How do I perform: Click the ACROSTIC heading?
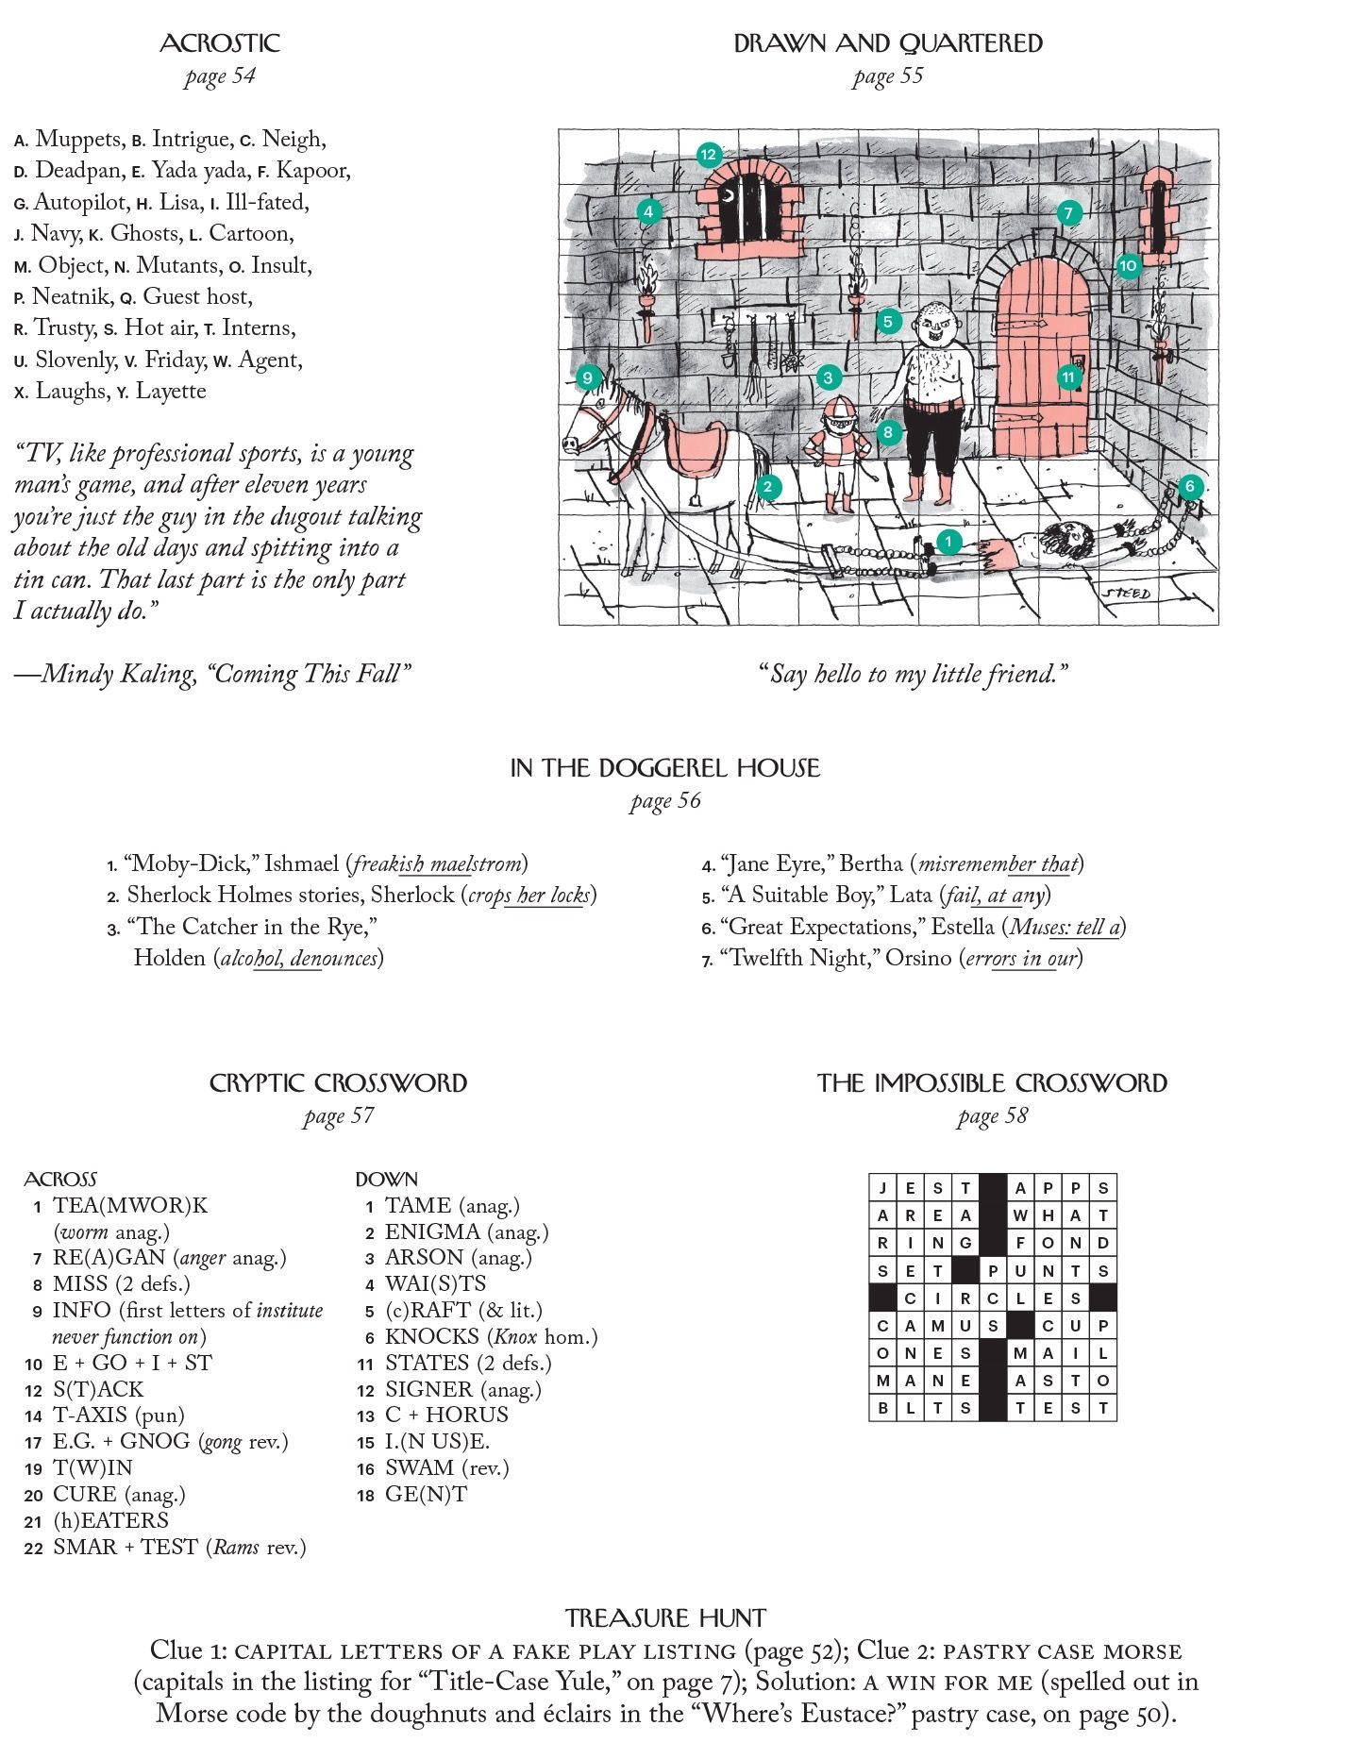pyautogui.click(x=219, y=43)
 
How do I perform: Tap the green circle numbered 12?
pyautogui.click(x=709, y=155)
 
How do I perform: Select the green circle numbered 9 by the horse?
pyautogui.click(x=588, y=378)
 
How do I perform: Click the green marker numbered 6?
pyautogui.click(x=1190, y=487)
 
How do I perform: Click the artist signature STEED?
pyautogui.click(x=1127, y=594)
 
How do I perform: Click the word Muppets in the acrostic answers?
pyautogui.click(x=77, y=140)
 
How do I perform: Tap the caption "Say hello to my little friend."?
pyautogui.click(x=914, y=674)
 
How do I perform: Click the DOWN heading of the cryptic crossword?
pyautogui.click(x=386, y=1180)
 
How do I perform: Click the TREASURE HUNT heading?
pyautogui.click(x=665, y=1619)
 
